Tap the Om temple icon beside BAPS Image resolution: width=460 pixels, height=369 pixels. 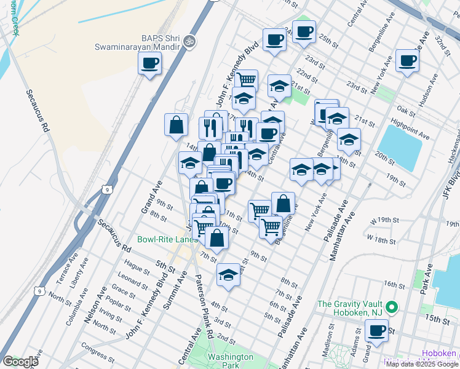(189, 41)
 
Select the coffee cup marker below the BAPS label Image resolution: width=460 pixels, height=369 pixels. (150, 63)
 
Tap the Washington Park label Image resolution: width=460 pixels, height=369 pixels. (230, 361)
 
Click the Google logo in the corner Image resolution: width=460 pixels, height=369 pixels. (20, 362)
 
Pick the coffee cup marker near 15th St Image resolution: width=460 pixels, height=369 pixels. (376, 330)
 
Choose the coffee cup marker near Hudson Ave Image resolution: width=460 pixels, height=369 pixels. (407, 61)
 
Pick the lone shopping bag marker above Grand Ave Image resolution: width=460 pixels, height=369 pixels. (176, 125)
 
